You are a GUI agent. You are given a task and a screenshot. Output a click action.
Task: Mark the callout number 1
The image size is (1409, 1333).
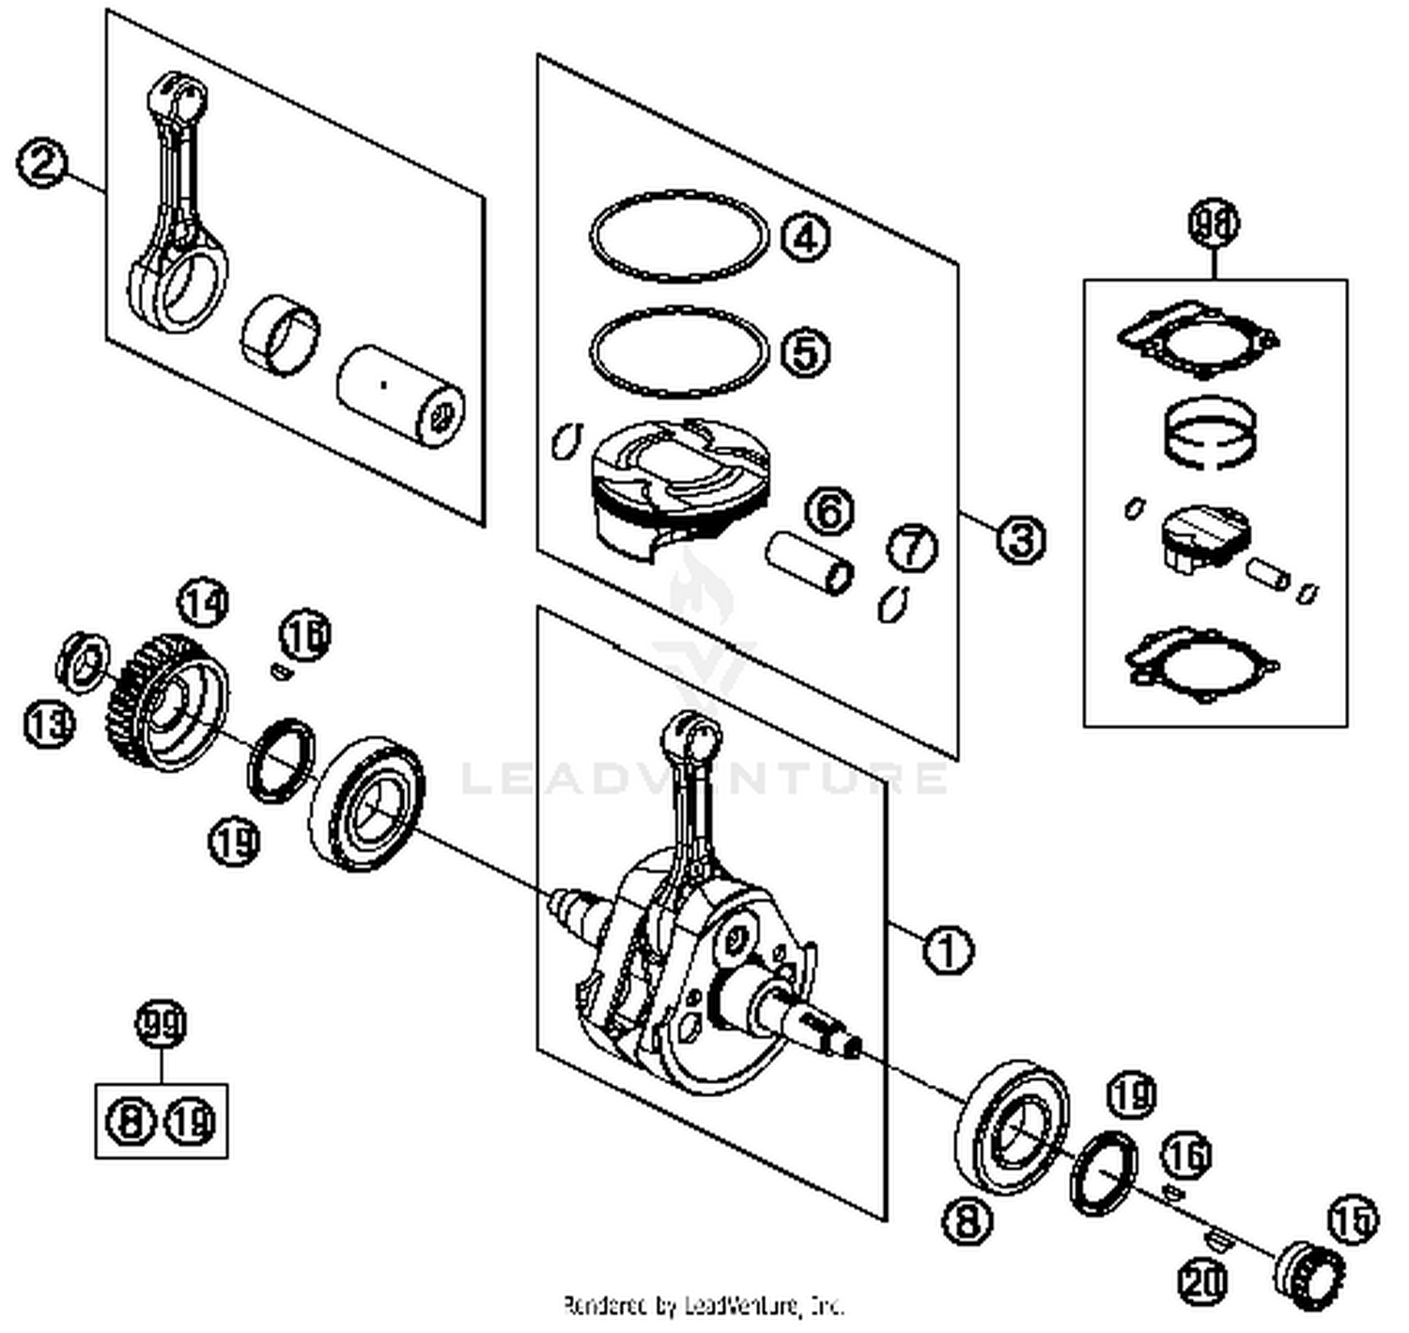coord(948,950)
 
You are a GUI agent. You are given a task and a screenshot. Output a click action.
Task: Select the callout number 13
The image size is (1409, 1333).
coord(48,724)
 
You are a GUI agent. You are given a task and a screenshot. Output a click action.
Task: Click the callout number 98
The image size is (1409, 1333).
coord(1214,224)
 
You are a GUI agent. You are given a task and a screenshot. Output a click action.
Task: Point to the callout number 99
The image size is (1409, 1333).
coord(162,1026)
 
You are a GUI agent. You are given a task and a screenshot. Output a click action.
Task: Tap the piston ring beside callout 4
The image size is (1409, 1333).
coord(678,237)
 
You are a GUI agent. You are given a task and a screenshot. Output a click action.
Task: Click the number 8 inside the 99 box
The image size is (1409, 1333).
coord(132,1121)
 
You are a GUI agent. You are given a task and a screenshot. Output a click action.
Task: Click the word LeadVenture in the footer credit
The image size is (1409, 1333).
coord(747,1306)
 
